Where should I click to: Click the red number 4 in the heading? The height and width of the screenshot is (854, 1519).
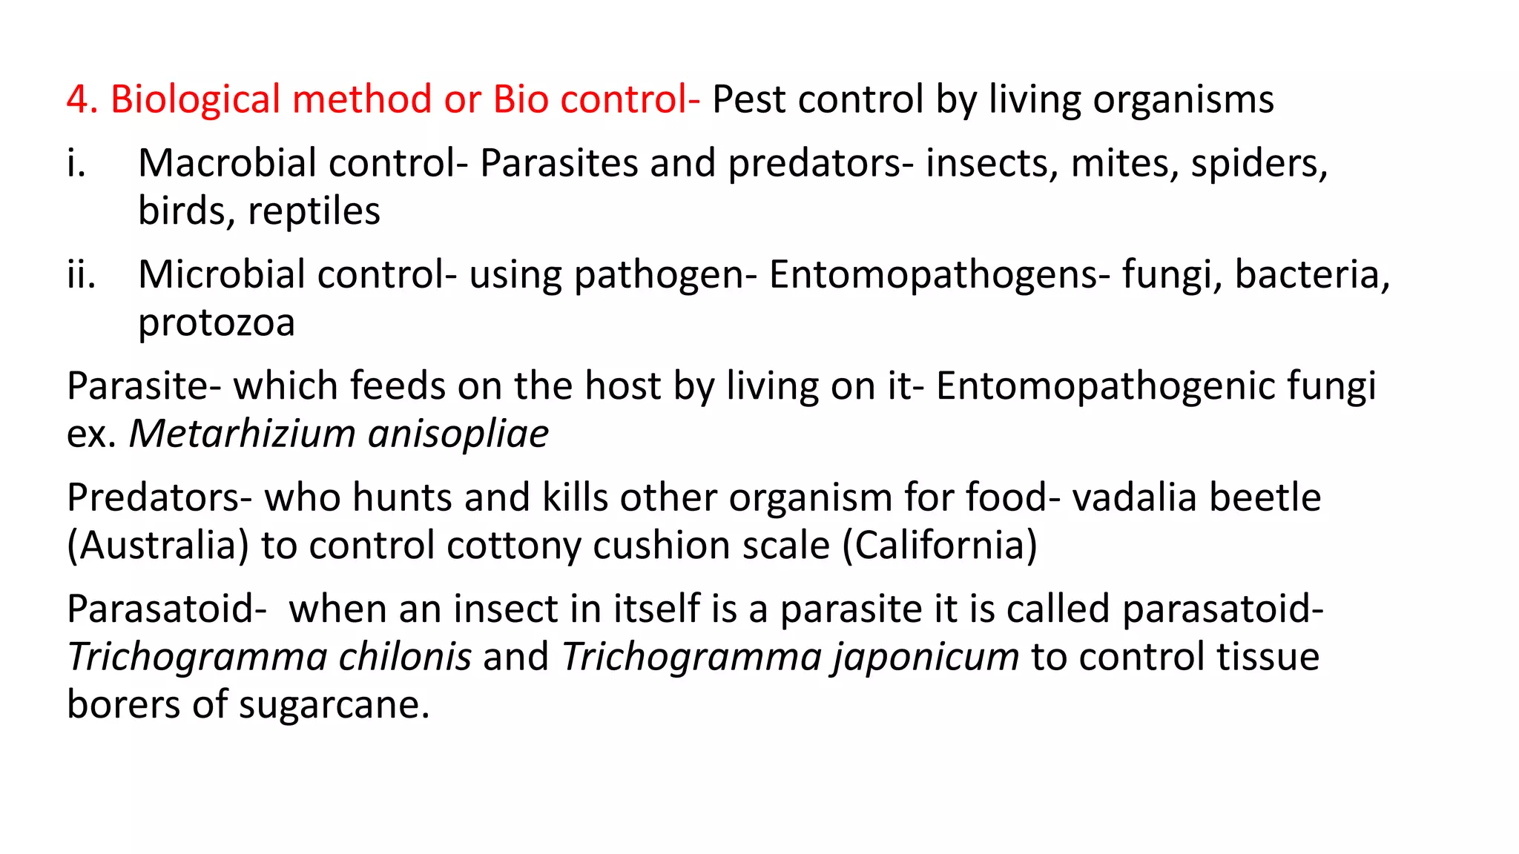click(77, 99)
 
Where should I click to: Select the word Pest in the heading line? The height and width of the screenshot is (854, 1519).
click(748, 99)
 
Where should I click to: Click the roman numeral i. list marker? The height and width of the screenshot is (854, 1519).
click(76, 163)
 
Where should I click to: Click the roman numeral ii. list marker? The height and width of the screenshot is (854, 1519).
click(81, 274)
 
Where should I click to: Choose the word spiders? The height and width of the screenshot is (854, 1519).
click(1259, 163)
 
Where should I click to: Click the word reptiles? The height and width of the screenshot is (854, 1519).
click(314, 211)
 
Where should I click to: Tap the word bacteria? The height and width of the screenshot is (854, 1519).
click(1311, 274)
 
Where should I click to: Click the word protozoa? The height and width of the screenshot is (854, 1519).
click(217, 322)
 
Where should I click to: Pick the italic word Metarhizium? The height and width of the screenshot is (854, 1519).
click(243, 434)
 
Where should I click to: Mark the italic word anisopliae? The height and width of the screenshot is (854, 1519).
click(458, 434)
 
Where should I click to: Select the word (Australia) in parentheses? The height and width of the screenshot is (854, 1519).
click(158, 546)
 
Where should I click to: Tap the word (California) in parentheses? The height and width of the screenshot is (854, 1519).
click(940, 546)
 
